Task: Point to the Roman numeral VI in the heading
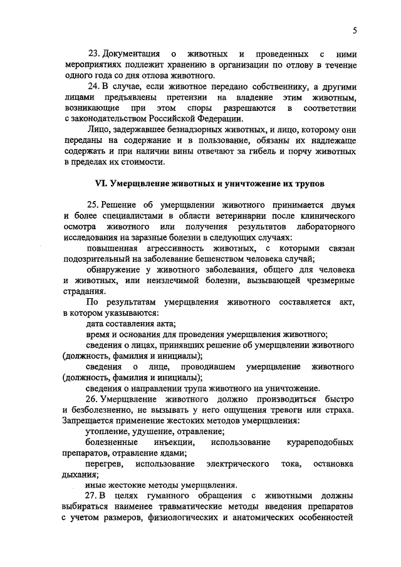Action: (100, 184)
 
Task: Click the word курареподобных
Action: (320, 442)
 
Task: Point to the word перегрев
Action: (101, 464)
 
